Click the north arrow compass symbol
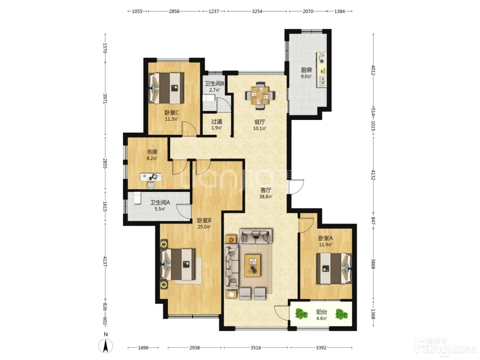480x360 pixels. (106, 346)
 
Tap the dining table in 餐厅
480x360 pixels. (260, 95)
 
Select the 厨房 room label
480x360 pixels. (307, 70)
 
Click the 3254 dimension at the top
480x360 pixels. (257, 11)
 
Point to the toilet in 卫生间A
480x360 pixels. (137, 198)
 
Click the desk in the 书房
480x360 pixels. (151, 177)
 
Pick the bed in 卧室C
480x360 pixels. (166, 88)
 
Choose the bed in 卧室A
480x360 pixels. (334, 268)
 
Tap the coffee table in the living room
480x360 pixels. (253, 265)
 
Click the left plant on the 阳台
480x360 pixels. (302, 314)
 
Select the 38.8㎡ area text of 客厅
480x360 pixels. (266, 196)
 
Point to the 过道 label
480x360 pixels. (217, 121)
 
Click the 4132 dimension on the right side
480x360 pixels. (373, 175)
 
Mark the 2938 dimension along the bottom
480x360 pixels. (194, 348)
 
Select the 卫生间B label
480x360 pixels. (215, 84)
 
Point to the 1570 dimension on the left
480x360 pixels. (105, 48)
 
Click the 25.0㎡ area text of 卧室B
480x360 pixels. (204, 227)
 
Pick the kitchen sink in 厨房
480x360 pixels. (322, 81)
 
